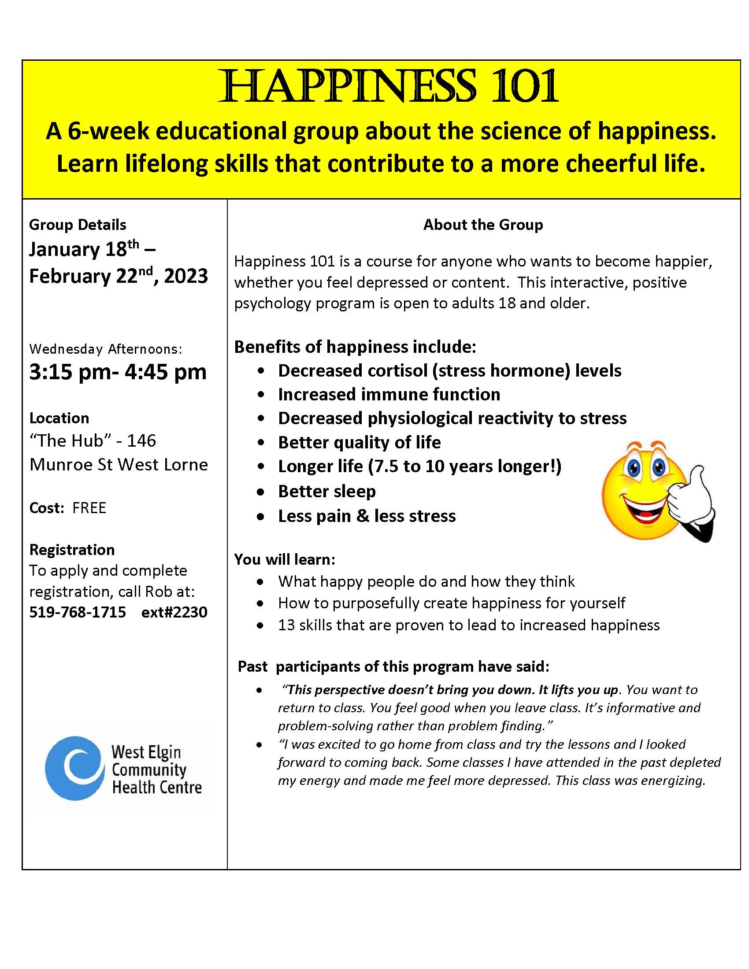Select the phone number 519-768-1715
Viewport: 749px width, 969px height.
tap(78, 612)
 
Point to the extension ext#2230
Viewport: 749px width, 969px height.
tap(174, 612)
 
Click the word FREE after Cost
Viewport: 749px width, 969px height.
tap(89, 507)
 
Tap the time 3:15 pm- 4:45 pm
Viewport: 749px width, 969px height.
tap(118, 372)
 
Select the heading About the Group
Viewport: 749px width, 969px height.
tap(483, 225)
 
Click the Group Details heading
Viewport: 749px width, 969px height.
tap(78, 225)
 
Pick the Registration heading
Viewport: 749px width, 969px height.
tap(72, 550)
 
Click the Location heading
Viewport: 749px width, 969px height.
tap(59, 418)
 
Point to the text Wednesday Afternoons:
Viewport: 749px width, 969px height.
tap(106, 349)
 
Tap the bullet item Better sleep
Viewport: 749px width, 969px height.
tap(326, 491)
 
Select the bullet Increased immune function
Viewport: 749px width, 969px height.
tap(389, 395)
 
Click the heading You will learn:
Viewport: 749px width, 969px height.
tap(285, 559)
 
